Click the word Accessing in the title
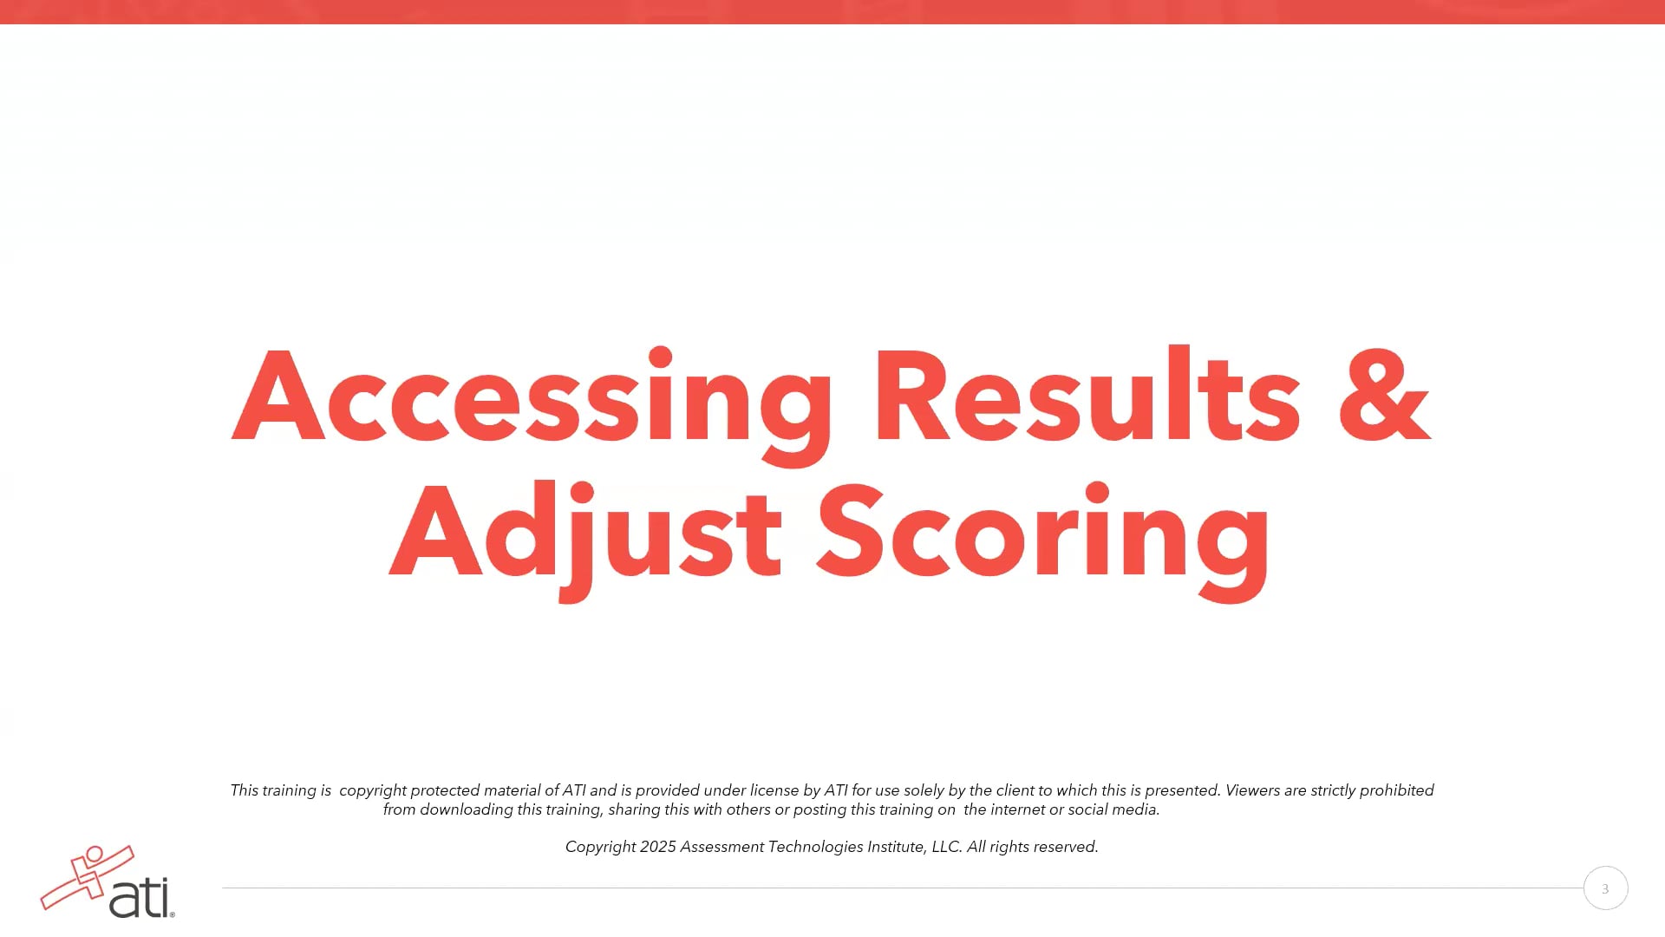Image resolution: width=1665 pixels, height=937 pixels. coord(532,397)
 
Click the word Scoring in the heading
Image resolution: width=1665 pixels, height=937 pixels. coord(1043,533)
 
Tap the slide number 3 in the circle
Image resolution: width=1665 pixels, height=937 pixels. coord(1605,888)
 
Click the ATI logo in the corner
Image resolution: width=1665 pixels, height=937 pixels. coord(108,882)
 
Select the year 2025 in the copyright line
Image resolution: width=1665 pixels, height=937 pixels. coord(657,847)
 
